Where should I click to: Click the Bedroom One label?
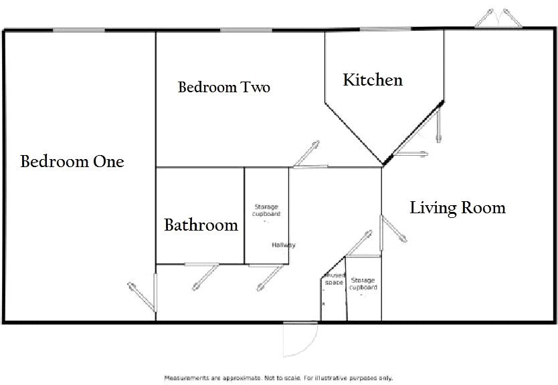pos(72,162)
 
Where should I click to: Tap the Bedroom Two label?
pos(224,88)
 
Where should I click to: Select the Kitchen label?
pos(373,80)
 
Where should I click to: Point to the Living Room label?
pos(458,208)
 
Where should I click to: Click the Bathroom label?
pos(201,225)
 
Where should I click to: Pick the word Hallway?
pos(284,245)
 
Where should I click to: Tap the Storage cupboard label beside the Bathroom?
pos(266,211)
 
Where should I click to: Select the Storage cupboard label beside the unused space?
pos(363,284)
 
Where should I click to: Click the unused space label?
pos(333,279)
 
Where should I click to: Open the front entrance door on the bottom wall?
pos(299,338)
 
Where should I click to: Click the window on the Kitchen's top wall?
pos(385,29)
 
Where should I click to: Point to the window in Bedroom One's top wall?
pos(78,29)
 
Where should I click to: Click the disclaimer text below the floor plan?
pos(278,378)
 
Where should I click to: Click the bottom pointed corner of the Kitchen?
pos(383,164)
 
